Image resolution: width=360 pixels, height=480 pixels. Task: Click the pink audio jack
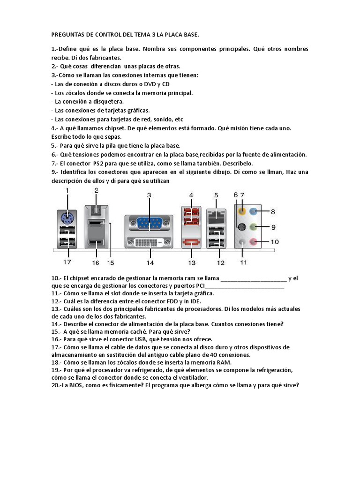pyautogui.click(x=254, y=242)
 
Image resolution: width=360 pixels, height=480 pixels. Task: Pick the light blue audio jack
pyautogui.click(x=254, y=212)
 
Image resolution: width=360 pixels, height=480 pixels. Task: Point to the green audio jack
pyautogui.click(x=254, y=227)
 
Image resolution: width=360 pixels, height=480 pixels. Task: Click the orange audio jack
pyautogui.click(x=242, y=212)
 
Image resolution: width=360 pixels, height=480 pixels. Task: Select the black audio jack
pyautogui.click(x=242, y=227)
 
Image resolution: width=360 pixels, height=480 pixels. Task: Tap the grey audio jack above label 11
pyautogui.click(x=242, y=242)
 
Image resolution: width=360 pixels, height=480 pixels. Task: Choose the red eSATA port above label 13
pyautogui.click(x=191, y=242)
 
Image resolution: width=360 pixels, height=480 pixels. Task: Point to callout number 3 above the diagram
pyautogui.click(x=149, y=195)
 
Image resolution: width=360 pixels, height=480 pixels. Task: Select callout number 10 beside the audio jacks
pyautogui.click(x=275, y=242)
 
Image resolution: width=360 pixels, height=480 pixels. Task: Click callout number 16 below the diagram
pyautogui.click(x=96, y=262)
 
